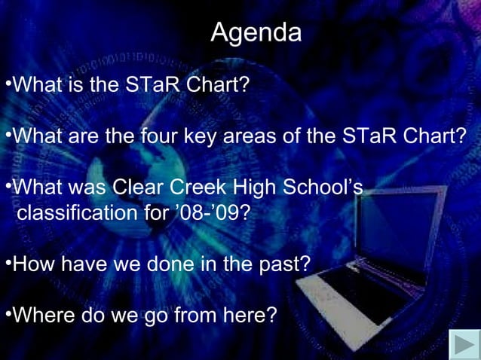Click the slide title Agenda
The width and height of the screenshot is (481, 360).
(x=256, y=32)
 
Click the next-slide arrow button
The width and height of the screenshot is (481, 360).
(x=464, y=345)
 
